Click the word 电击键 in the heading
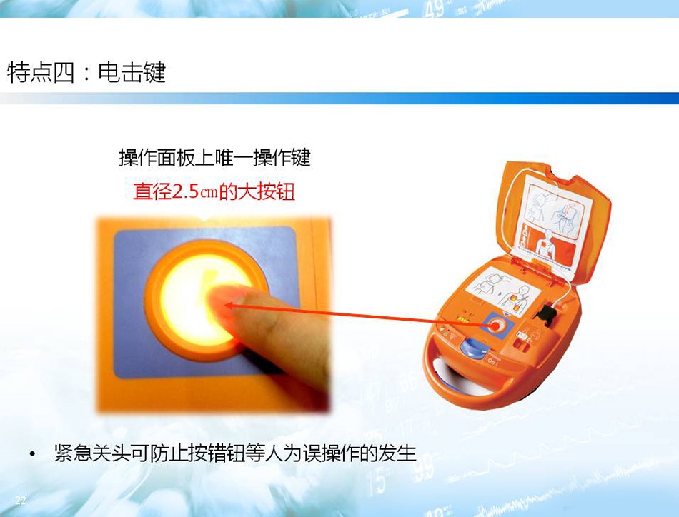[132, 72]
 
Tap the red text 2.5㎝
[195, 191]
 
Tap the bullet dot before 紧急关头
[32, 454]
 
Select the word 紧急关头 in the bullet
[91, 453]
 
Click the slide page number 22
[20, 500]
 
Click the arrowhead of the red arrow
[229, 306]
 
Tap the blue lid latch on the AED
[473, 348]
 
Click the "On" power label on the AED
[492, 361]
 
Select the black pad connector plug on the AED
[547, 315]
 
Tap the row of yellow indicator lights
[463, 320]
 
